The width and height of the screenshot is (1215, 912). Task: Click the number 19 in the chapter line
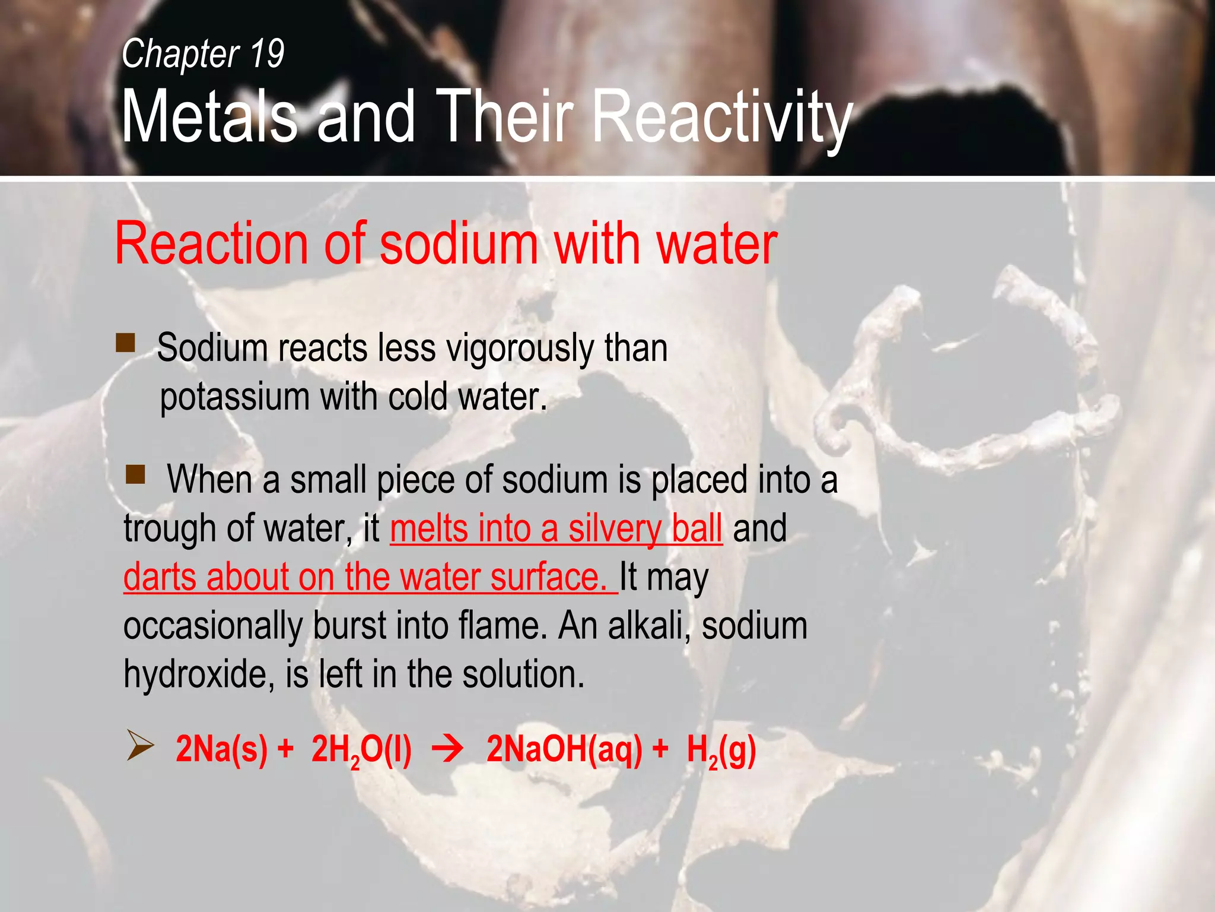267,53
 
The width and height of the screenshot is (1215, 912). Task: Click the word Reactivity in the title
723,117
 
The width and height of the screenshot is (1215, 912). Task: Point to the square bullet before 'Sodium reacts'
125,343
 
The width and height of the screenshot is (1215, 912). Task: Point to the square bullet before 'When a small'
135,474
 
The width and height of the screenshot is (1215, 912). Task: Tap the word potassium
234,397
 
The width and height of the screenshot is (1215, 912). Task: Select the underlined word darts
160,577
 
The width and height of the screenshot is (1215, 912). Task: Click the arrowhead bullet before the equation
140,747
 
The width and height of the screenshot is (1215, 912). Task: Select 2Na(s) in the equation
221,749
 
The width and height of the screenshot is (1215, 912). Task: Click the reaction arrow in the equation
448,749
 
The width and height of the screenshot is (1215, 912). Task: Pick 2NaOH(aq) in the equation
564,749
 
